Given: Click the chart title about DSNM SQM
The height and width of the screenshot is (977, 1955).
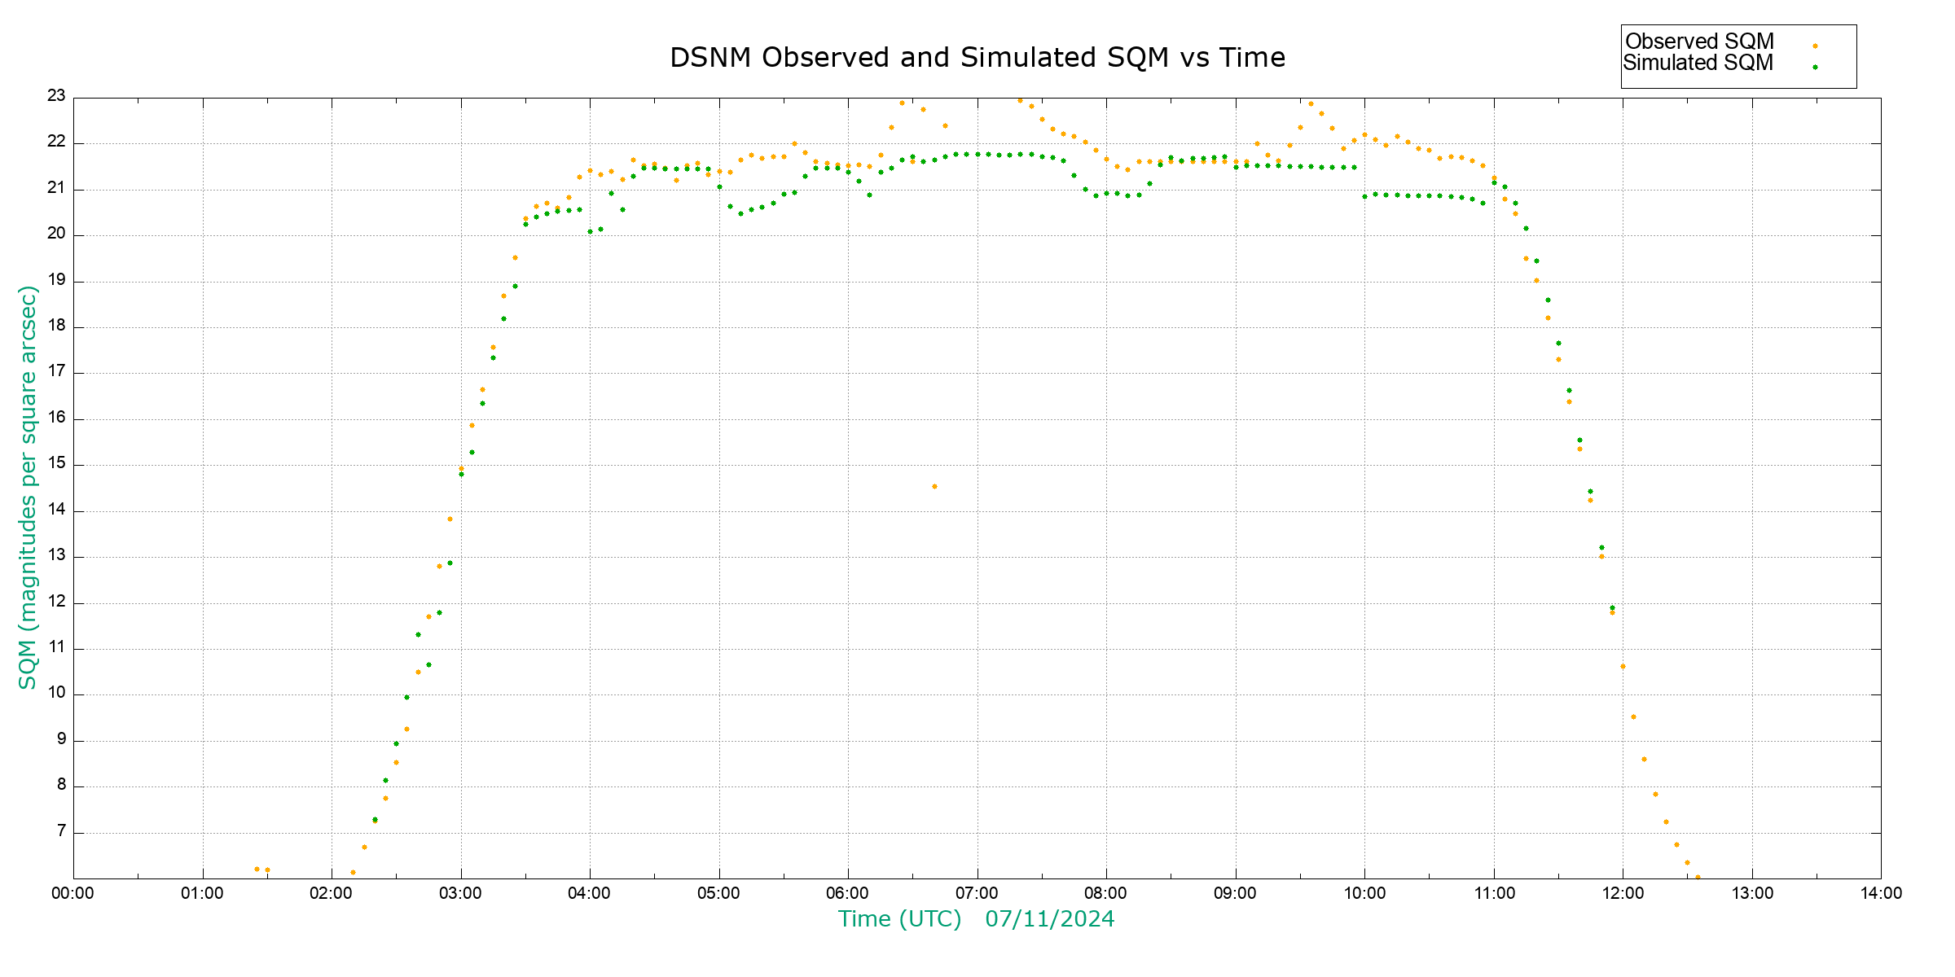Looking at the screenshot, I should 977,58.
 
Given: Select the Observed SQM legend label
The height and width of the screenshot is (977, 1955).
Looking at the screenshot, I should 1699,42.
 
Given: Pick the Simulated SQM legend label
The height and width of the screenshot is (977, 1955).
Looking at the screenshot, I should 1698,63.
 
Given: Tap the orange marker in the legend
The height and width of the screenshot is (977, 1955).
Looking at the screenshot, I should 1815,46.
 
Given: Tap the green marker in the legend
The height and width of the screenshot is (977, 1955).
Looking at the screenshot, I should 1815,67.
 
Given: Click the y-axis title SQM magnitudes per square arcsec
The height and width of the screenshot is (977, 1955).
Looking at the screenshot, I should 28,487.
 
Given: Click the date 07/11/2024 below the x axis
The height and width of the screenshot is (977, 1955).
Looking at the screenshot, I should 1049,919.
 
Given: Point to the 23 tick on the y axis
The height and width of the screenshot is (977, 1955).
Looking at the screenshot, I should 56,96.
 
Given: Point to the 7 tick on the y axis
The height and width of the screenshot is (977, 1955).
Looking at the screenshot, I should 61,831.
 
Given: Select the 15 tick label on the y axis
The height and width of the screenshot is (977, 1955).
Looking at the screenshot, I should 56,464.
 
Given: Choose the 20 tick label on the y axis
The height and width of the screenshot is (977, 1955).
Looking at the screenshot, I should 56,234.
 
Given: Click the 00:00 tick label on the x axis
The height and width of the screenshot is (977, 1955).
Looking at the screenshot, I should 73,893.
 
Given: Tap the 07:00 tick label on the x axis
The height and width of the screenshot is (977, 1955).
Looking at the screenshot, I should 977,893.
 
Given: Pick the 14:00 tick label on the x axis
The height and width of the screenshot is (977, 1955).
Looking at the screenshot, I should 1881,893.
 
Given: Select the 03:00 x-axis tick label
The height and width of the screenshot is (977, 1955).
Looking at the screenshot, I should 460,893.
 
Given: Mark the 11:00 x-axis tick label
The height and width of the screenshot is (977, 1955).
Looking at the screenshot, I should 1494,893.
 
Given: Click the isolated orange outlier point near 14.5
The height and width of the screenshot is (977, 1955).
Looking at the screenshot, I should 934,487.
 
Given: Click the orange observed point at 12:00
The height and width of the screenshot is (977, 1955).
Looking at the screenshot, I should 1623,667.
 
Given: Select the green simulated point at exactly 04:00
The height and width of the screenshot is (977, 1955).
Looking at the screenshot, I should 590,231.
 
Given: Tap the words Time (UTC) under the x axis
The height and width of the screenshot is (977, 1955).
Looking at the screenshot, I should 899,919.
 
